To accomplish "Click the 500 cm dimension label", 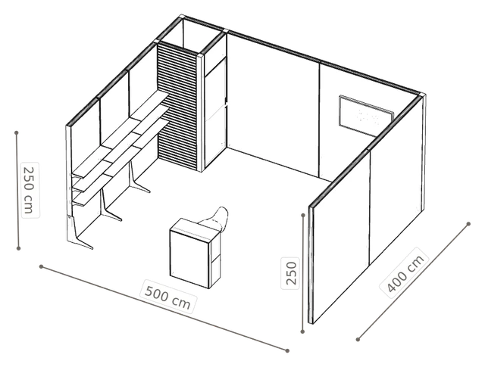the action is click(x=167, y=297).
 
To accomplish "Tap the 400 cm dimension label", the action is click(x=405, y=274).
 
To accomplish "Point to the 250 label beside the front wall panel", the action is click(x=291, y=273).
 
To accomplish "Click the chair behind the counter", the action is click(x=215, y=220).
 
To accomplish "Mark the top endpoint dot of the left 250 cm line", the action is click(x=17, y=133).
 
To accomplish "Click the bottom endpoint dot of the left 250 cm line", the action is click(x=18, y=248).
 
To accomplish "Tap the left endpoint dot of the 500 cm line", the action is click(x=41, y=266).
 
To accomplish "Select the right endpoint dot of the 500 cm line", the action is click(x=287, y=350).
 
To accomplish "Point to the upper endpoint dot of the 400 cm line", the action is click(x=468, y=224).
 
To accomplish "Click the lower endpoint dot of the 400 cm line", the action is click(x=358, y=340).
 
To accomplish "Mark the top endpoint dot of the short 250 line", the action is click(x=303, y=215).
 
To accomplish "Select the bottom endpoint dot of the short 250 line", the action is click(x=302, y=331).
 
